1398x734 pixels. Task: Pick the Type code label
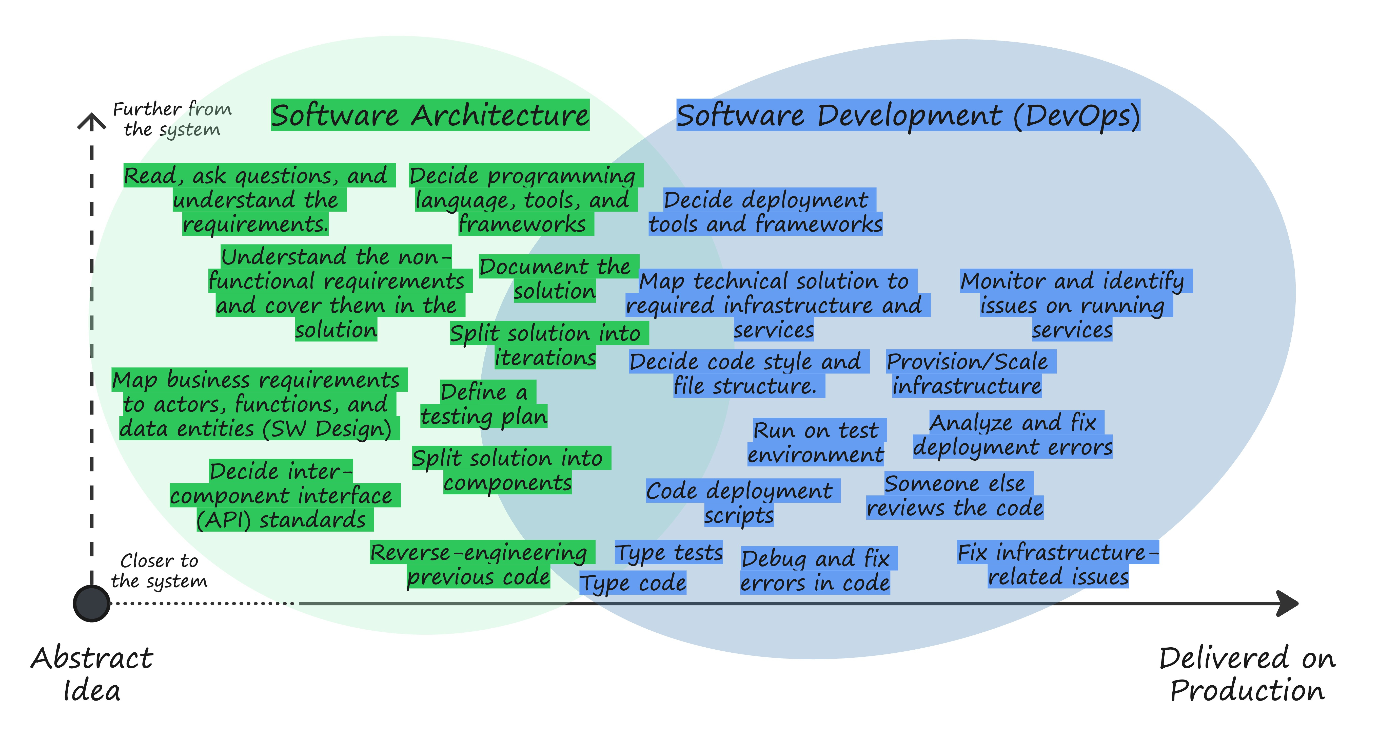[x=633, y=582]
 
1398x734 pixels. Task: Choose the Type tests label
[x=668, y=552]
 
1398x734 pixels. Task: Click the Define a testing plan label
[x=484, y=404]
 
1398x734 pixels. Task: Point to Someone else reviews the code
[x=955, y=495]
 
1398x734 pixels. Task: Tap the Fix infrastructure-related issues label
[x=1058, y=564]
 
